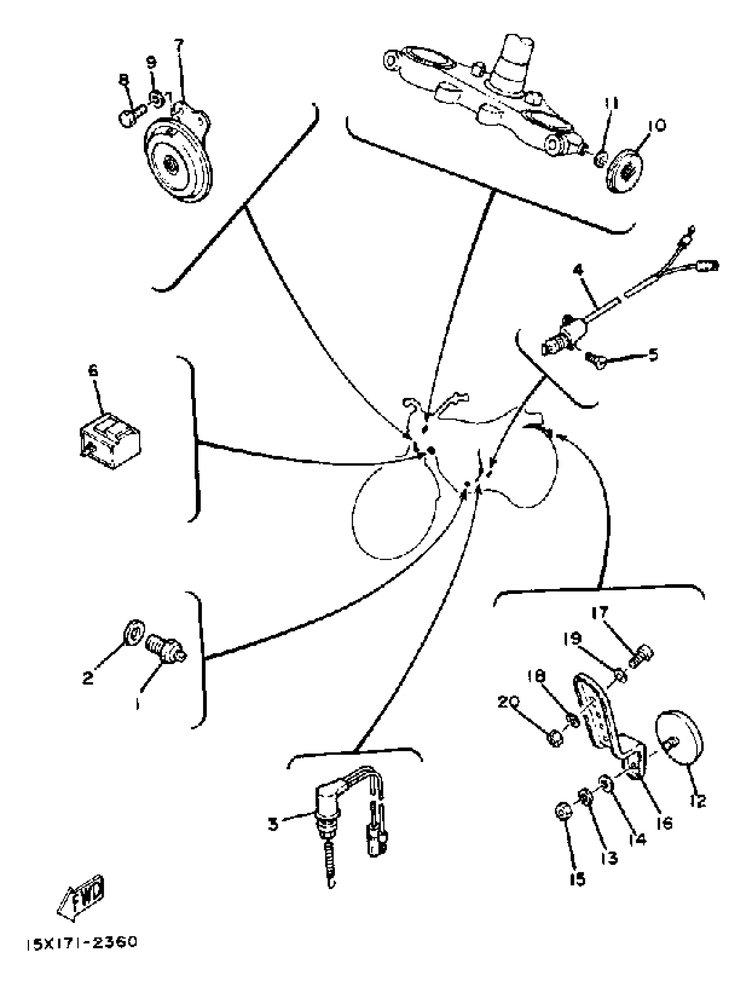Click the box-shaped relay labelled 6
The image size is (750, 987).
(110, 442)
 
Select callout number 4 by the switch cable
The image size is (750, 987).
(578, 270)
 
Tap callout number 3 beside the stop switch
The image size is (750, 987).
(273, 824)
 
